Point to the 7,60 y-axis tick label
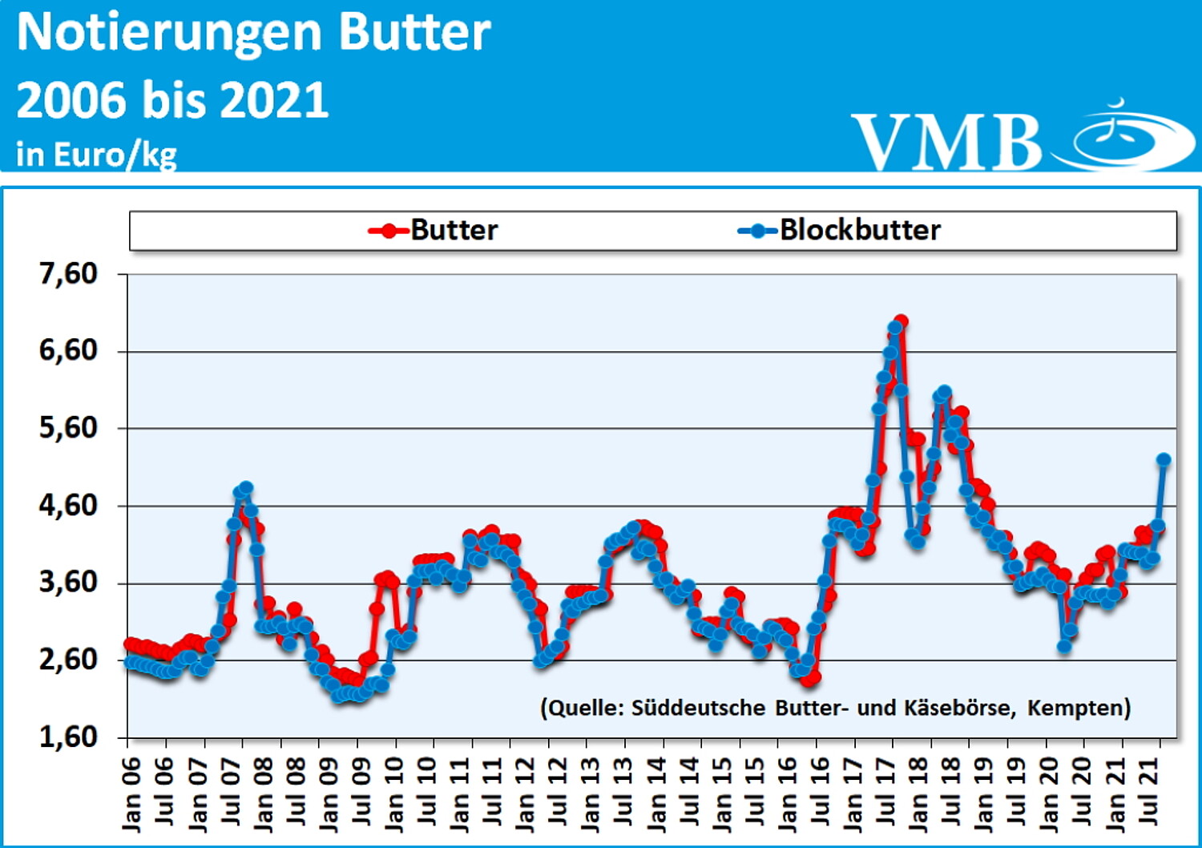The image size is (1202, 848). pos(68,274)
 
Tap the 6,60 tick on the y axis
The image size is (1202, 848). pos(68,351)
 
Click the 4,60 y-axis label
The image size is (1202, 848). pos(68,506)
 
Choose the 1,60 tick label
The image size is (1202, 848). pos(68,737)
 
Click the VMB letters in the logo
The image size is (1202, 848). pos(946,142)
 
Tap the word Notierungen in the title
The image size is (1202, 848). pos(164,34)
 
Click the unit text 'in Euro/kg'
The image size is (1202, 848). pos(96,154)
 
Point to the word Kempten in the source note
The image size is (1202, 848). pos(1078,708)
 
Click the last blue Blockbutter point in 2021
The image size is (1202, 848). pos(1164,460)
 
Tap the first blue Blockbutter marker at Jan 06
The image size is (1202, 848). pos(130,661)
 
